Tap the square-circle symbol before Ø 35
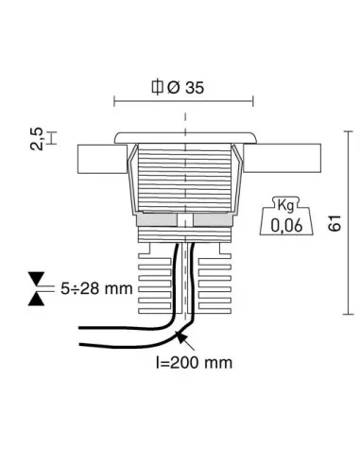point(158,88)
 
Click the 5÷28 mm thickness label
point(93,288)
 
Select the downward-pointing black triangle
point(37,278)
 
